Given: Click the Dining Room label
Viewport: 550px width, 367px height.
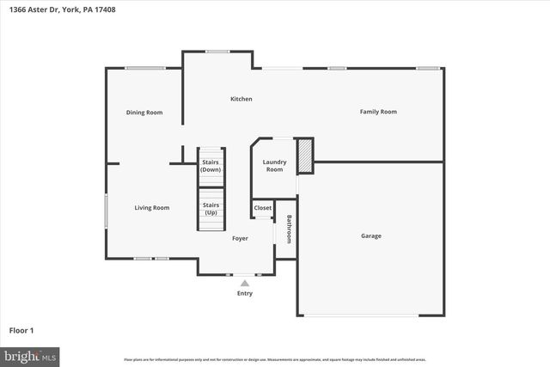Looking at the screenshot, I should click(x=144, y=113).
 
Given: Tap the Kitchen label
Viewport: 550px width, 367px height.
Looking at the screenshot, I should click(x=241, y=99).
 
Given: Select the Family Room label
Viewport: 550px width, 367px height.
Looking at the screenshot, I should click(x=377, y=112).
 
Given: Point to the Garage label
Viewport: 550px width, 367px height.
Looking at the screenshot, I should click(x=370, y=235).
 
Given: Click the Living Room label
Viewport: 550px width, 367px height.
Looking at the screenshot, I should click(x=151, y=207).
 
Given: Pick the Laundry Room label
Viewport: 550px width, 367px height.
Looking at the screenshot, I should click(x=274, y=166).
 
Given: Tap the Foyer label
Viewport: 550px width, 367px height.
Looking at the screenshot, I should click(x=241, y=238).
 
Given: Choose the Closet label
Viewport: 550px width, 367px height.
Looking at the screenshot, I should click(x=262, y=208).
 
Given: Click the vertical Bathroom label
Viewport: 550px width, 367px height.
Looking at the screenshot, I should click(x=289, y=229).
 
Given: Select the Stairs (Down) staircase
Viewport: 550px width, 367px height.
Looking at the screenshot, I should click(x=211, y=165).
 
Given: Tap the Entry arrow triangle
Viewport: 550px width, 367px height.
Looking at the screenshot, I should click(x=245, y=283).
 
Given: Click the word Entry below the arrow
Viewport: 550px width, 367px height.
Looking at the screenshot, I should click(x=245, y=294).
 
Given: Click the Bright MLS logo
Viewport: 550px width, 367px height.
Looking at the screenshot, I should click(x=30, y=355).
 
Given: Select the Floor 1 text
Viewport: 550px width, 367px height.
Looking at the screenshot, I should click(x=21, y=330).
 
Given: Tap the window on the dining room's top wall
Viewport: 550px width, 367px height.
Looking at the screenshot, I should click(x=144, y=68).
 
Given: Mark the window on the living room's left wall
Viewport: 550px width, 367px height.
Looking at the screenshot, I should click(x=106, y=207).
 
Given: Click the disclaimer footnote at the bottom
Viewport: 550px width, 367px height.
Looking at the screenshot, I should click(x=274, y=359).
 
